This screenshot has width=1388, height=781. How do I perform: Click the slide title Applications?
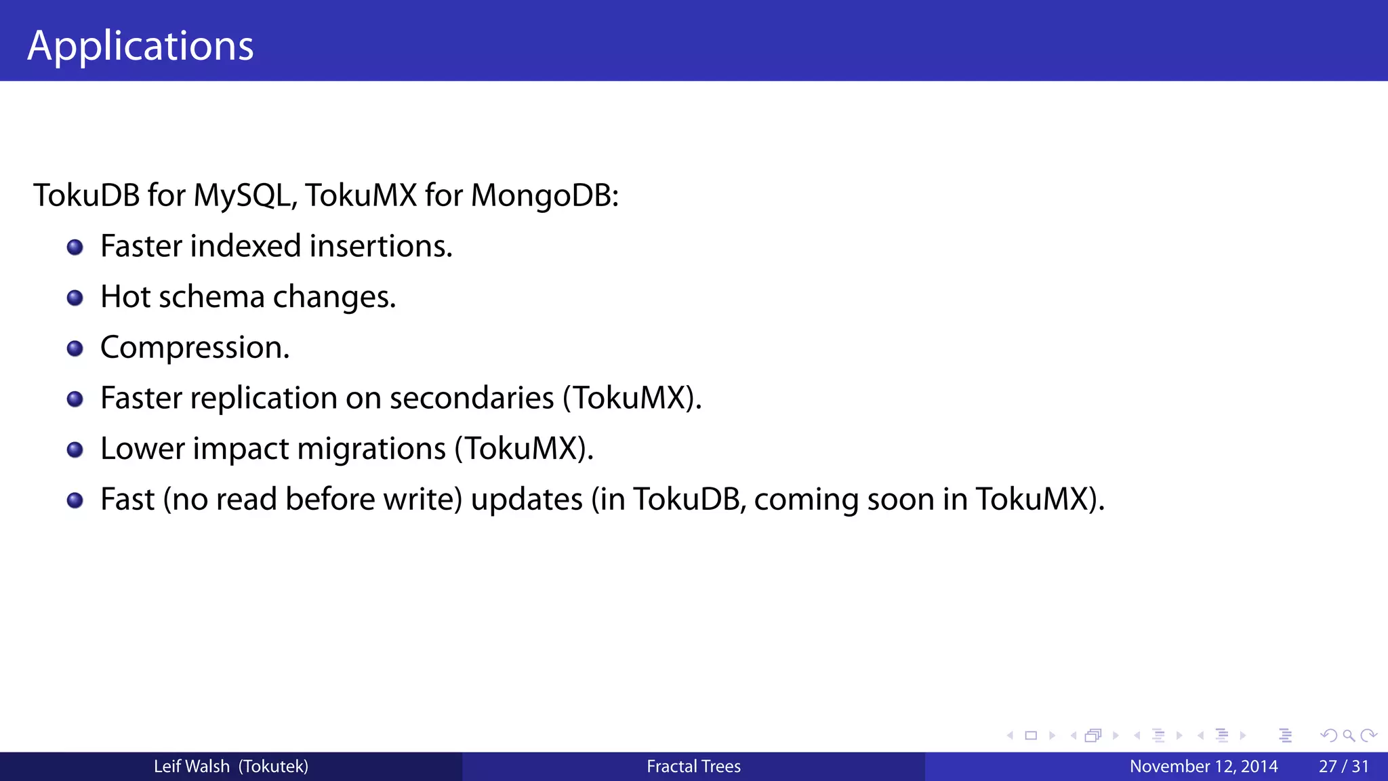pos(140,46)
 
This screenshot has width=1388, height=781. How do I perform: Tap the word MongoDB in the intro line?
pos(544,196)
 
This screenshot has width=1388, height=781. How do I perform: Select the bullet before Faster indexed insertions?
pos(75,247)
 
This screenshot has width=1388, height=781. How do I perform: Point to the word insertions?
pos(380,246)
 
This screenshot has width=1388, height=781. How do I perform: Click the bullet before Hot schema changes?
pos(75,298)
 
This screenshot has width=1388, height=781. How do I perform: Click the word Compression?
pos(195,348)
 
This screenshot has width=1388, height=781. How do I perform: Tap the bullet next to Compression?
pos(75,348)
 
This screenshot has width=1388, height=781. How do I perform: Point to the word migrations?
pos(371,449)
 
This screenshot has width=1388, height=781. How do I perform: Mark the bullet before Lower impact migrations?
pos(75,450)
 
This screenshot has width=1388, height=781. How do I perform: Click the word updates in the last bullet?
pos(527,500)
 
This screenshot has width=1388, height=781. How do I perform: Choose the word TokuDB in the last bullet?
pos(689,500)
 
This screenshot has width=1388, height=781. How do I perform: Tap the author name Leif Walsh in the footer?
pos(192,767)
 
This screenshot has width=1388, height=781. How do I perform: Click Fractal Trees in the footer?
pos(693,767)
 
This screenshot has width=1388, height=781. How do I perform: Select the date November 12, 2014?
pos(1204,767)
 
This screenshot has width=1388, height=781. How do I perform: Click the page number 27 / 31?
pos(1343,767)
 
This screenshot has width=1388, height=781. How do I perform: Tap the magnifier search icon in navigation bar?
pos(1349,736)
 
